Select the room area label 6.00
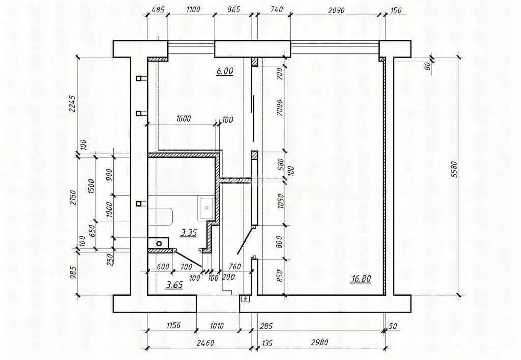click(224, 72)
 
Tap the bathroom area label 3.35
click(189, 233)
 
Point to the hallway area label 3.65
click(174, 285)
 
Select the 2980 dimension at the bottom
click(321, 343)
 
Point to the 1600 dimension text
click(183, 119)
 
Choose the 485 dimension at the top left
click(158, 9)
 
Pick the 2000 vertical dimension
click(278, 108)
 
